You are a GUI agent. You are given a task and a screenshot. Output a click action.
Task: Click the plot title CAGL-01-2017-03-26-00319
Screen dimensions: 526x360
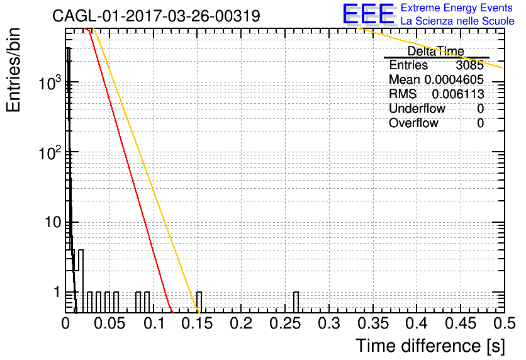(156, 16)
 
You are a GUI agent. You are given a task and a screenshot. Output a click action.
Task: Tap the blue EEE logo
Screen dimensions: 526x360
(369, 14)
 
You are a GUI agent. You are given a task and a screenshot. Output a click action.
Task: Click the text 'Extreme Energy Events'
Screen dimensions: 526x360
(457, 8)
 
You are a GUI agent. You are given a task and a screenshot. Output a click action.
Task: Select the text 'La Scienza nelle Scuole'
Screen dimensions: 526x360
(457, 21)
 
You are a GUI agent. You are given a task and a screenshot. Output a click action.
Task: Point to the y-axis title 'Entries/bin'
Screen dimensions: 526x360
(13, 70)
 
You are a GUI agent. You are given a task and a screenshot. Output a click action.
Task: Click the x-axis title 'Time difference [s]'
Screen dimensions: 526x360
(430, 346)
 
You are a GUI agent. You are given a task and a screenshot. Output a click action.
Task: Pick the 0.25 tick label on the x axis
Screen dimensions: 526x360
(285, 323)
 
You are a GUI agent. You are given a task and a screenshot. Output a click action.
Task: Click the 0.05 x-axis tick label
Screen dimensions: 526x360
(109, 323)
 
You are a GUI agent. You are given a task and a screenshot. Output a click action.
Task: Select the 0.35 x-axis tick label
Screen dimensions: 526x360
(373, 323)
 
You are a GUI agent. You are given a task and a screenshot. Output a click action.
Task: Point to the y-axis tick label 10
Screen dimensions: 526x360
(53, 222)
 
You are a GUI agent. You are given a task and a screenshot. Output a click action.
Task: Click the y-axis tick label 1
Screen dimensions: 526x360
(57, 292)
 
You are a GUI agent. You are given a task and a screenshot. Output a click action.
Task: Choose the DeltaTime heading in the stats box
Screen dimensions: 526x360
(436, 51)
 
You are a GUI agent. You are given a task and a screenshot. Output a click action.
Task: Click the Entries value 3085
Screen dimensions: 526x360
(469, 65)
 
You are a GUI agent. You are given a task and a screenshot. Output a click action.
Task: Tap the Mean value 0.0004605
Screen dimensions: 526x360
(454, 79)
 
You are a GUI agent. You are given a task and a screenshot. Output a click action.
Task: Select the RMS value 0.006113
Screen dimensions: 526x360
(458, 94)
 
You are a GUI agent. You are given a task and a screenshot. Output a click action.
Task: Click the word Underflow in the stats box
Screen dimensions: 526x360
(417, 108)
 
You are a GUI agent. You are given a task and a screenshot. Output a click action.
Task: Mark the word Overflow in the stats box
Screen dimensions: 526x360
(413, 123)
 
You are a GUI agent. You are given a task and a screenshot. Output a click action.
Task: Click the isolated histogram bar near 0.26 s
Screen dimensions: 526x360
(296, 302)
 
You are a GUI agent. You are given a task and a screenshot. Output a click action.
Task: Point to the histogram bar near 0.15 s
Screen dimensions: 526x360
(199, 302)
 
